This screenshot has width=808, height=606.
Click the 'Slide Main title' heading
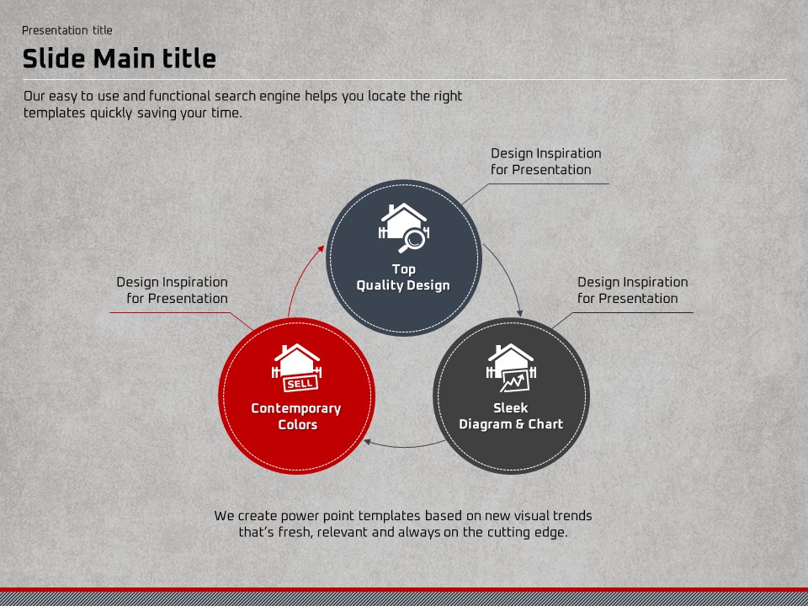click(x=119, y=58)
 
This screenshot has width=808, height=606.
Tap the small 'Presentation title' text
click(x=67, y=30)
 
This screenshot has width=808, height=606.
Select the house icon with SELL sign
click(x=296, y=368)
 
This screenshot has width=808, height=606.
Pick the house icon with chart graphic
click(x=511, y=368)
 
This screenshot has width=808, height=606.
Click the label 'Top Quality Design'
click(x=403, y=277)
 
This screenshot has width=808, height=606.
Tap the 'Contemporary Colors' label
click(x=296, y=417)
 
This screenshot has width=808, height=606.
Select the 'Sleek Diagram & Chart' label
click(x=511, y=416)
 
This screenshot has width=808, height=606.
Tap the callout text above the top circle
click(x=545, y=162)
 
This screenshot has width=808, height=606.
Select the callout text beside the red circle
click(x=172, y=290)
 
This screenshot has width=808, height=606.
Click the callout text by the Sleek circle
click(x=633, y=290)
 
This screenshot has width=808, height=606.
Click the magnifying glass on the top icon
click(x=412, y=241)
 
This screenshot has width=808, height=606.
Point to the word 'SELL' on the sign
click(x=300, y=384)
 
